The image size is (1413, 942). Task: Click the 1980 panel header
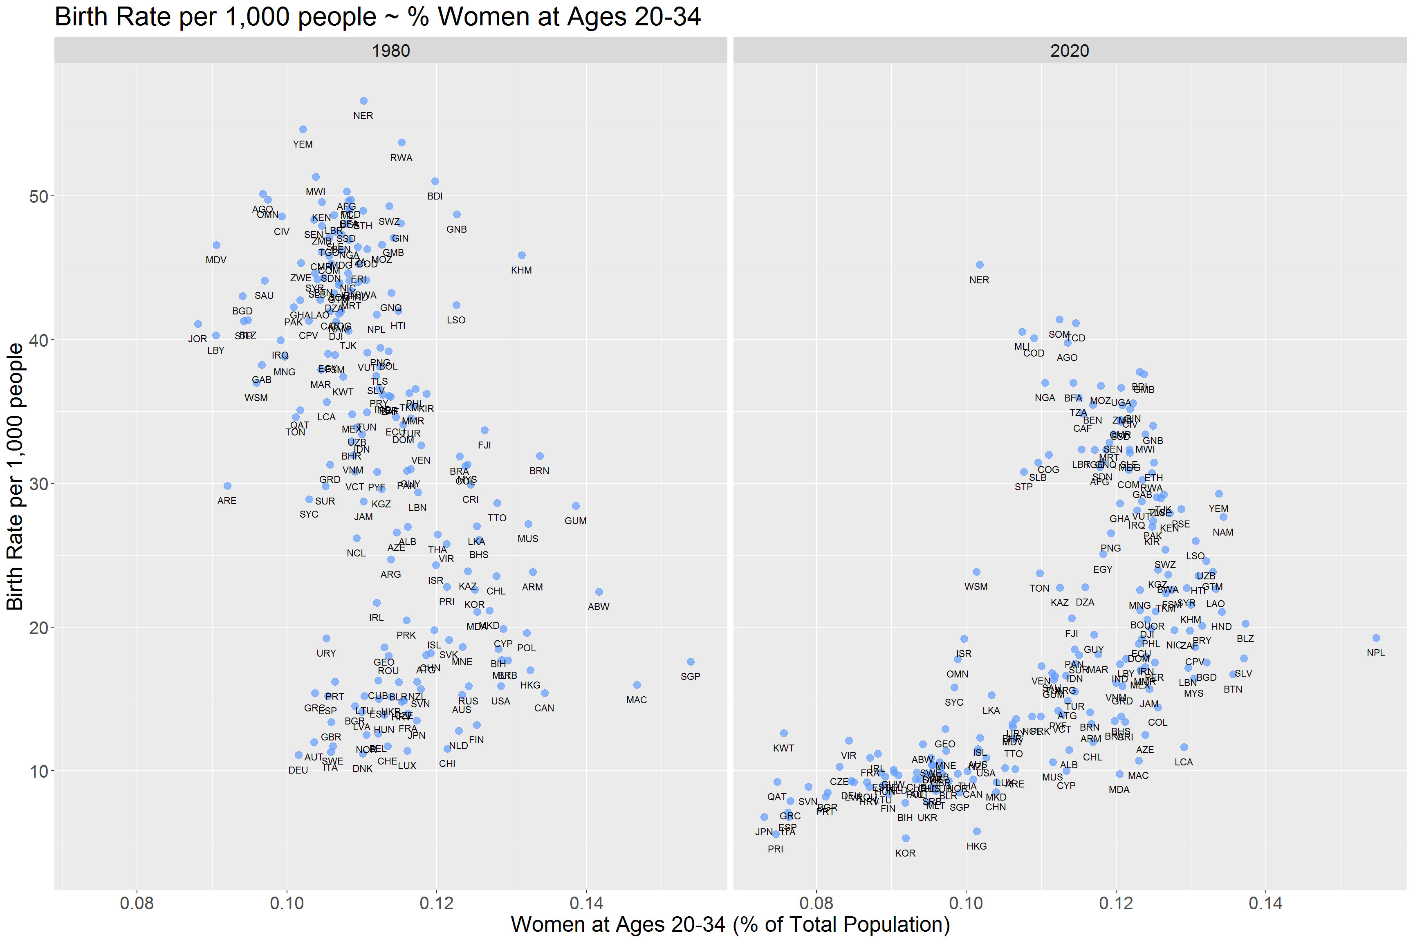coord(390,50)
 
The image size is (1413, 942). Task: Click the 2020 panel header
coord(1070,50)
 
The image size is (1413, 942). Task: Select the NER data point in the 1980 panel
coord(363,101)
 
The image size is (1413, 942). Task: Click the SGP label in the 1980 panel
coord(690,677)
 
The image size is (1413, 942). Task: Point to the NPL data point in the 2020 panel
coord(1376,638)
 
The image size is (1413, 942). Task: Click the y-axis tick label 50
coord(38,196)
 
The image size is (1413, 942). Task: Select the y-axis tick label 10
coord(38,772)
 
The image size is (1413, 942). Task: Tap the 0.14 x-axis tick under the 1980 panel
coord(586,903)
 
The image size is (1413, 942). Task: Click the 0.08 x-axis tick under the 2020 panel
coord(816,903)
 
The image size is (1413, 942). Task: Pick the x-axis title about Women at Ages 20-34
coord(730,924)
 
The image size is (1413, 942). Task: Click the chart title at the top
coord(377,16)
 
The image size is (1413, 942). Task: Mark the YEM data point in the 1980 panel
coord(303,130)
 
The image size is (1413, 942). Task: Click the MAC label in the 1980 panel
coord(636,700)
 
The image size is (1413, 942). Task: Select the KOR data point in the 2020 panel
coord(905,838)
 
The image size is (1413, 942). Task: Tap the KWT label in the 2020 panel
coord(783,748)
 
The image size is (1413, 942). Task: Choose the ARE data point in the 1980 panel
coord(227,486)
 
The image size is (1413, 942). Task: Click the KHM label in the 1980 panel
coord(521,270)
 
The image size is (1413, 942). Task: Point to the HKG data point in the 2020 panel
coord(976,832)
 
